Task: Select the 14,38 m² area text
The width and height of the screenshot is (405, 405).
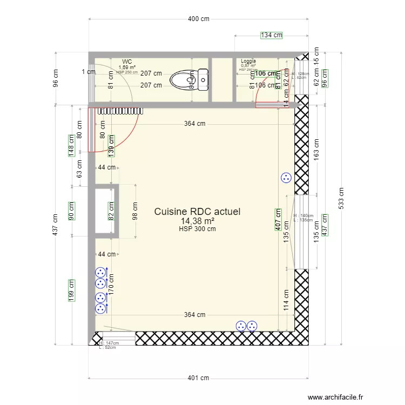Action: point(197,221)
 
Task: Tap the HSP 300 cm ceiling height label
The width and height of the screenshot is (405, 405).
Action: point(197,229)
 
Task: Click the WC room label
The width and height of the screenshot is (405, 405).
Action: point(127,62)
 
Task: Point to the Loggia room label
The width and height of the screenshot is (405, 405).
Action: point(248,62)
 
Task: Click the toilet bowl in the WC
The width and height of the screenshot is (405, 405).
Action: point(184,80)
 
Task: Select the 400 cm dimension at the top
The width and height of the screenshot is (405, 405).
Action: point(198,19)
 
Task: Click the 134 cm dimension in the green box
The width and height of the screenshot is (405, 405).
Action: point(271,35)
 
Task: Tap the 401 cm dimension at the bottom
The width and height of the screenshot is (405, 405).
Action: point(198,378)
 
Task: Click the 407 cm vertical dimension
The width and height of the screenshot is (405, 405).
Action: point(278,220)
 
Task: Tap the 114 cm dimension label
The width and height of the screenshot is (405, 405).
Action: point(286,300)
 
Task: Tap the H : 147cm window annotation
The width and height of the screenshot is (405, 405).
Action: point(108,343)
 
